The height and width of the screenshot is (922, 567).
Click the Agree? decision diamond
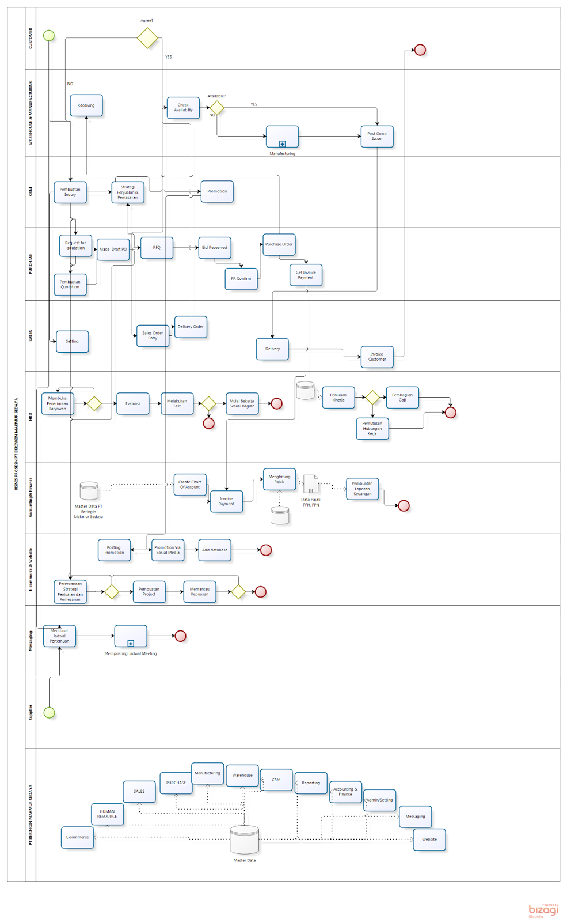(147, 38)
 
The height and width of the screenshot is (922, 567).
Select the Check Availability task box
(183, 108)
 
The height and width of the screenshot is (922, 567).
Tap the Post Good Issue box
(377, 136)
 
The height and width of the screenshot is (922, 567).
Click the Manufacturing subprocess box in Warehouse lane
(282, 137)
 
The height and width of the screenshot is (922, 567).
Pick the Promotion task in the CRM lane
(217, 191)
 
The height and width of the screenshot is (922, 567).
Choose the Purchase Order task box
(279, 244)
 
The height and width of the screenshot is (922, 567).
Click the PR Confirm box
(241, 279)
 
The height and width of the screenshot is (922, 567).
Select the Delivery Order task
(191, 327)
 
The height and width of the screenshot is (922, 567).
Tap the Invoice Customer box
(377, 357)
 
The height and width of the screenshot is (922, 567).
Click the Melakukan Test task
(177, 403)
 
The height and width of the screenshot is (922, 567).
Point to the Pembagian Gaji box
(402, 398)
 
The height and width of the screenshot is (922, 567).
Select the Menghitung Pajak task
(279, 479)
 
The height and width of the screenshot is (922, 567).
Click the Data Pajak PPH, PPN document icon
(311, 485)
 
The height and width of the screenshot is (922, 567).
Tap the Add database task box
(215, 550)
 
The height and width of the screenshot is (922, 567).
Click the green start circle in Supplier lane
(50, 713)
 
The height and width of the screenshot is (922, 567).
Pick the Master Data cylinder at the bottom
(244, 840)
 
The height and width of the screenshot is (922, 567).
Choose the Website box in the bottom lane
(429, 840)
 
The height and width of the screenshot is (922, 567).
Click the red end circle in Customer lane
(420, 50)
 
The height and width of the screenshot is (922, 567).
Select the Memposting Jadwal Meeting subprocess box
(131, 636)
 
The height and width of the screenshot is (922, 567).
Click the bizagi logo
(543, 910)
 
